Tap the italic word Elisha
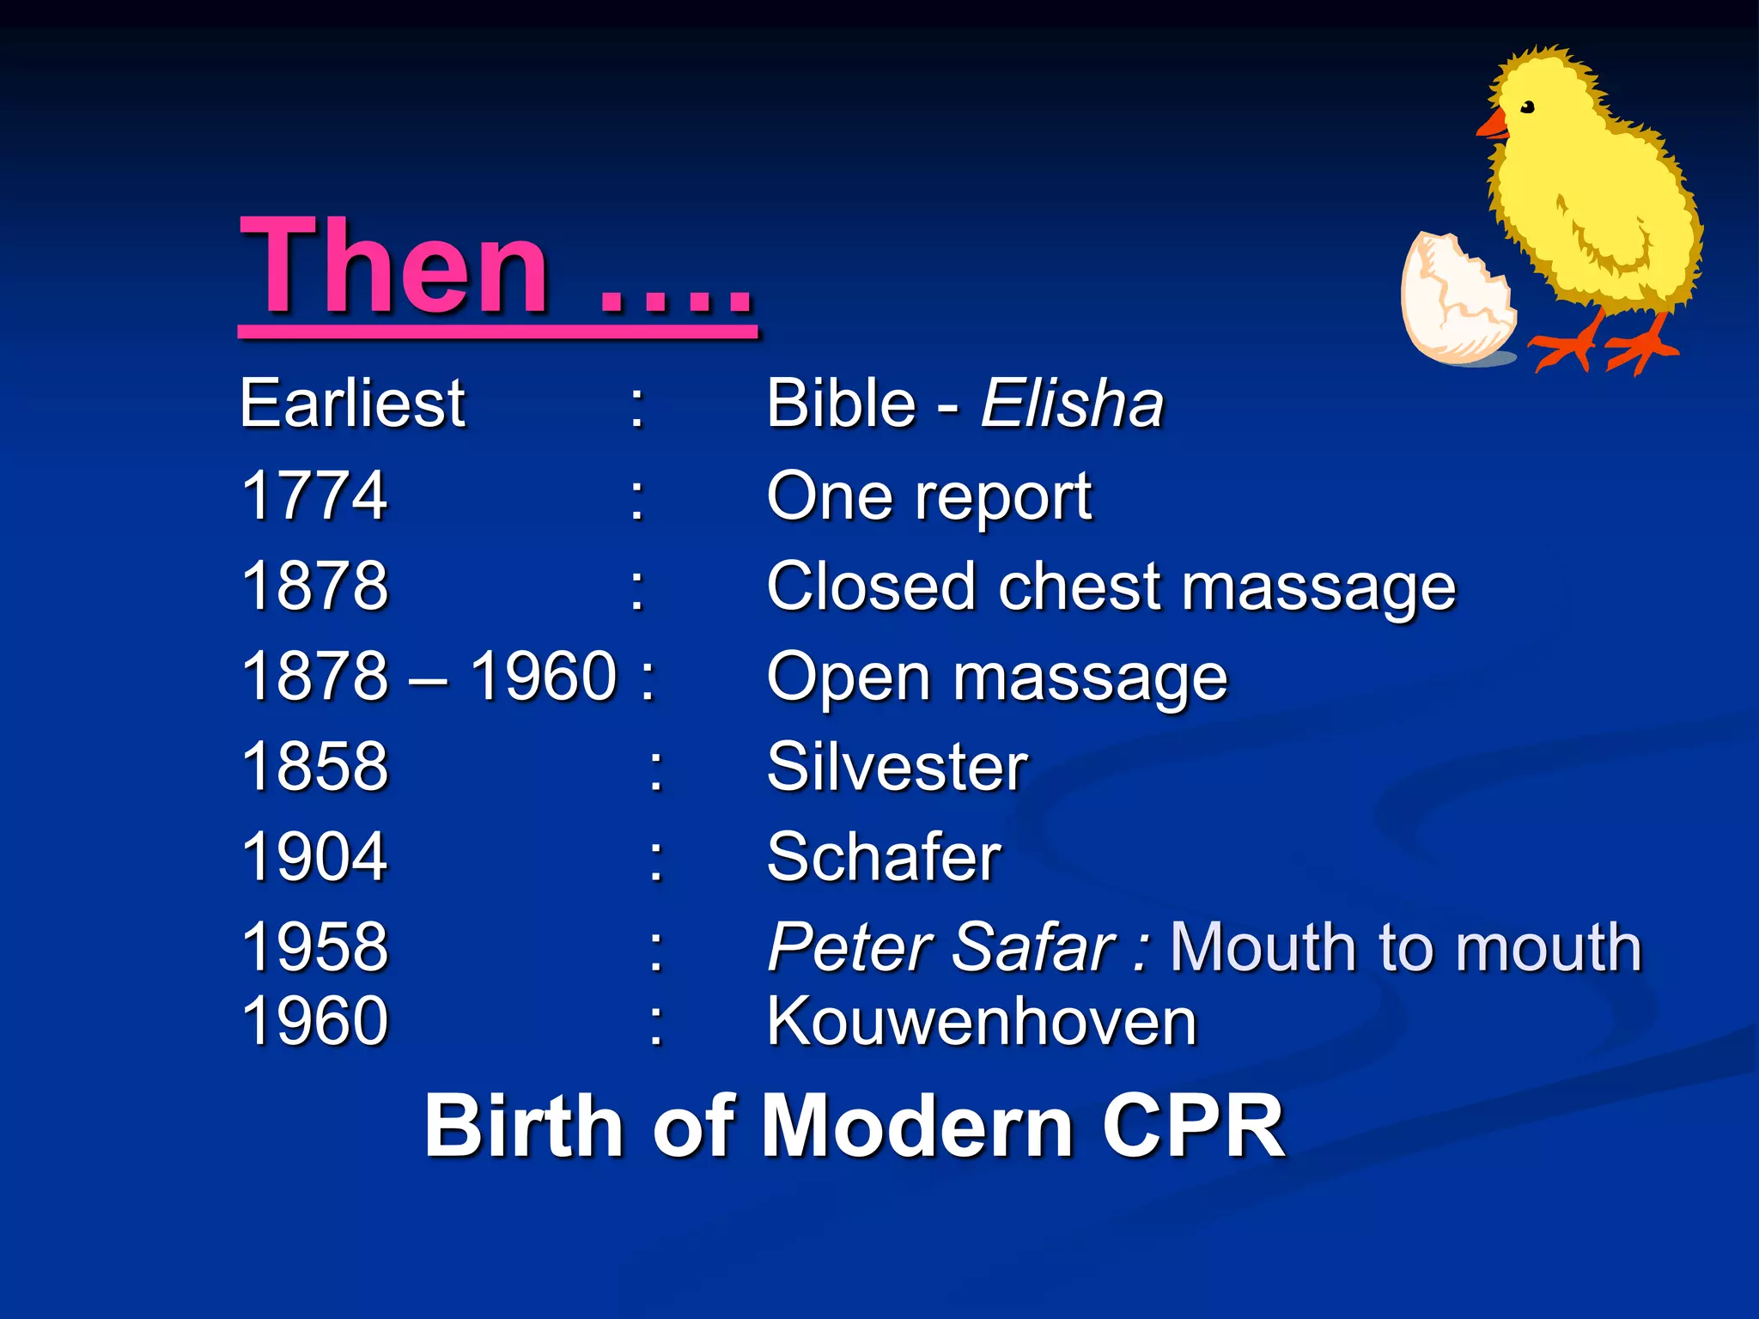click(1072, 403)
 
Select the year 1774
click(314, 495)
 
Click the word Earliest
click(352, 403)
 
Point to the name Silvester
click(897, 766)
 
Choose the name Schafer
click(884, 857)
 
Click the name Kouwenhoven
click(982, 1022)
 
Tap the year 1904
click(314, 857)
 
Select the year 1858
click(314, 766)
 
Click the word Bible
click(842, 403)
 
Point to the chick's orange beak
click(1493, 125)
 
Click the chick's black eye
click(1528, 107)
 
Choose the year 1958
click(314, 947)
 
